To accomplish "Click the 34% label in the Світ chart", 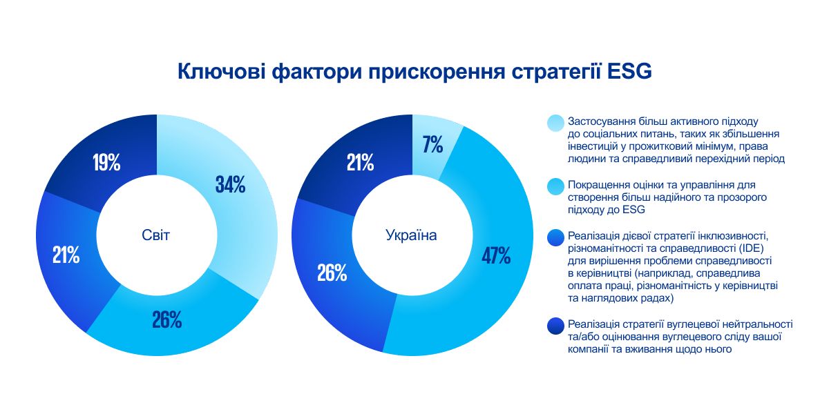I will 230,185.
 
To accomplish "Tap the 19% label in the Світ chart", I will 106,163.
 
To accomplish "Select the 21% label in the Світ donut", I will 66,255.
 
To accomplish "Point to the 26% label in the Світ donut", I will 166,319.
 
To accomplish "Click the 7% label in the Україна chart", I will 432,145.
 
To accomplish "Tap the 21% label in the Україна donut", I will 360,163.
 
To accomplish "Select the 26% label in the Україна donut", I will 332,273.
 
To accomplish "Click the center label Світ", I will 155,235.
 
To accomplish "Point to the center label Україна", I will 411,235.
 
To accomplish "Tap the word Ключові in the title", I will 220,72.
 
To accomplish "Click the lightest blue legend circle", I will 555,123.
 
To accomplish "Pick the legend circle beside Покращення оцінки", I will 555,186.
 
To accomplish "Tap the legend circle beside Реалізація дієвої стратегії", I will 555,238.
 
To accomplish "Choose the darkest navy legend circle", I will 555,326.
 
